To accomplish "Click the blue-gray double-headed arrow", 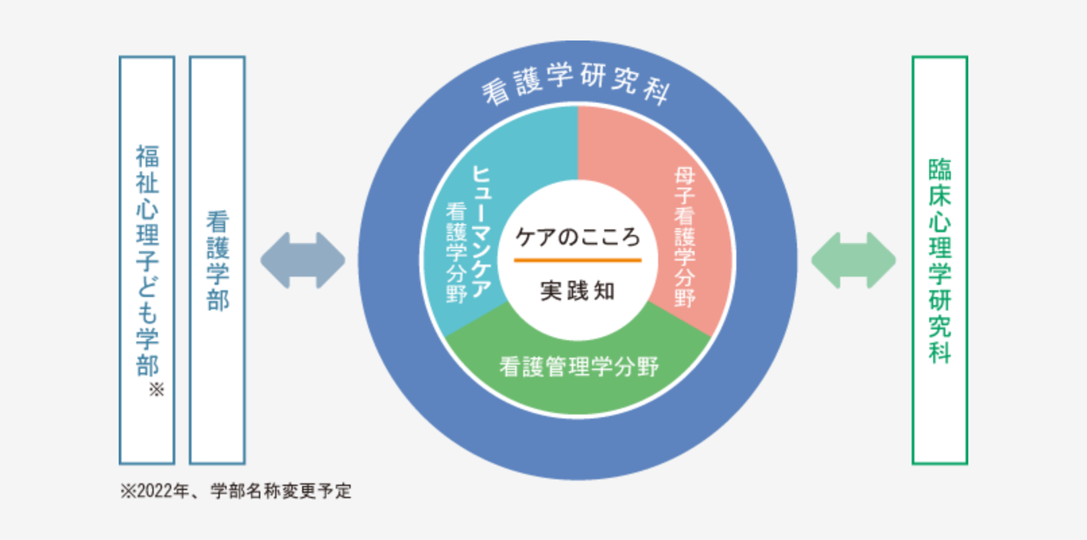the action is click(303, 261).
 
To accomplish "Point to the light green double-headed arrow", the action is click(854, 261).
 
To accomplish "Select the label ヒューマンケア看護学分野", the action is click(469, 234).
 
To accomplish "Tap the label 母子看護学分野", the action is click(684, 237).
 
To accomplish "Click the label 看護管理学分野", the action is click(579, 367).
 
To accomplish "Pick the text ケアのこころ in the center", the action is click(577, 237).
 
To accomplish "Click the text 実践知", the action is click(577, 290).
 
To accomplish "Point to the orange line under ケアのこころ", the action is click(577, 261).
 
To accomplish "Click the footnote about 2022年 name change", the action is click(236, 491).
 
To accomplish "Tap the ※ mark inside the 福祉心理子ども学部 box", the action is click(156, 389).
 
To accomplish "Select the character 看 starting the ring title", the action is click(496, 92).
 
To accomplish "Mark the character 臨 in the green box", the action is click(940, 169).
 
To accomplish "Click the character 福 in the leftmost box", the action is click(147, 156).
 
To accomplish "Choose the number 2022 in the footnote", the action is click(154, 491).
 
